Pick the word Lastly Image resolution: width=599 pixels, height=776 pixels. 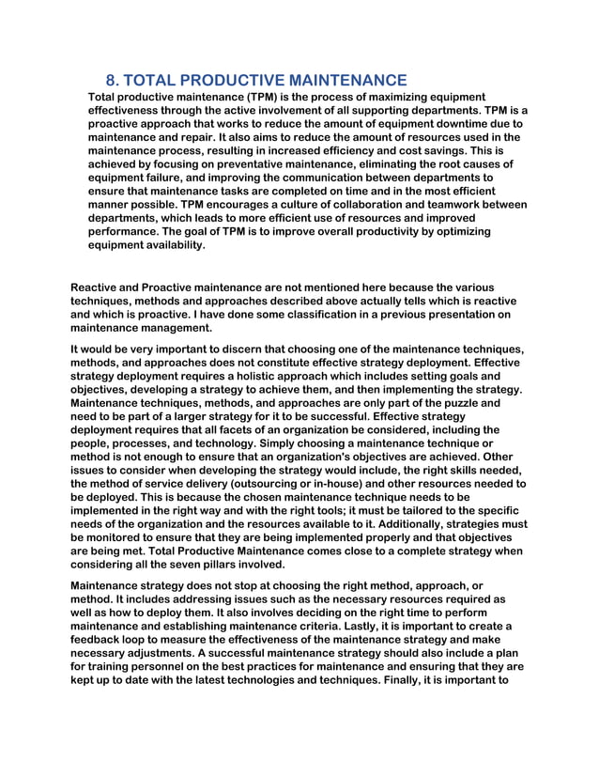[x=407, y=626]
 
